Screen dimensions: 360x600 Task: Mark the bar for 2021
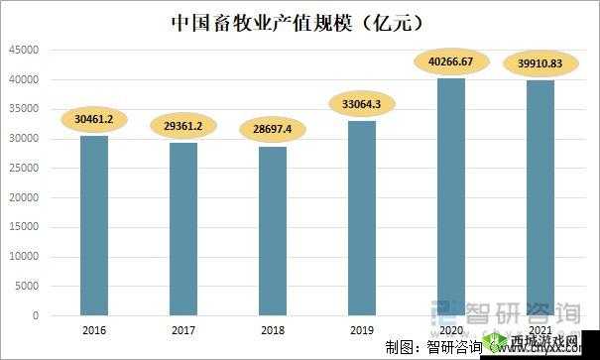click(541, 197)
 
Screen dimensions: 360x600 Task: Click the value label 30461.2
click(96, 121)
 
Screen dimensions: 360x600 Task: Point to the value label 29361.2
click(185, 127)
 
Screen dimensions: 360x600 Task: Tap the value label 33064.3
click(364, 105)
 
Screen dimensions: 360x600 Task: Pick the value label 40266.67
click(452, 62)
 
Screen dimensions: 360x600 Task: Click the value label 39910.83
click(541, 64)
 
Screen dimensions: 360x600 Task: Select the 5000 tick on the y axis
click(28, 287)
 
